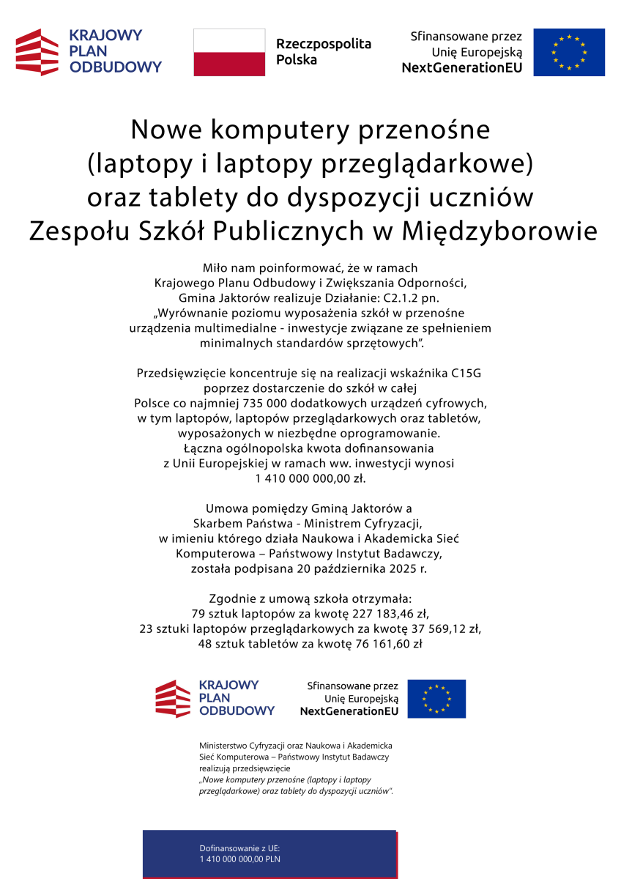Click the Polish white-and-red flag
(x=229, y=52)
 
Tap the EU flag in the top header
(x=568, y=52)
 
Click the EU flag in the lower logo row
(x=436, y=698)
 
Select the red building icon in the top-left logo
(x=37, y=52)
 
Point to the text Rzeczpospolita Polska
(x=323, y=52)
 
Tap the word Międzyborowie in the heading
(x=499, y=231)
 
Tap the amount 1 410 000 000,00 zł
(x=310, y=478)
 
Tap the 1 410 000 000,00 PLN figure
(x=240, y=859)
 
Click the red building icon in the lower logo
(x=173, y=698)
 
